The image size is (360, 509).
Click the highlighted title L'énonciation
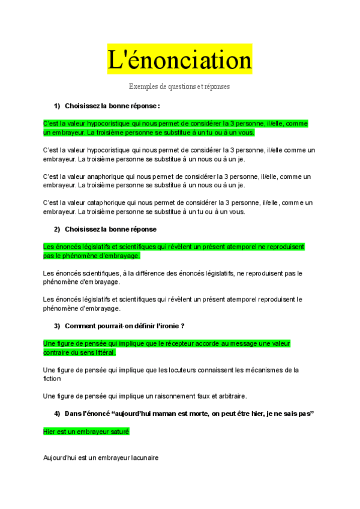[x=179, y=60]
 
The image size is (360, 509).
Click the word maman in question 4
[x=170, y=414]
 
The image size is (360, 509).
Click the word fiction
[x=52, y=379]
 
